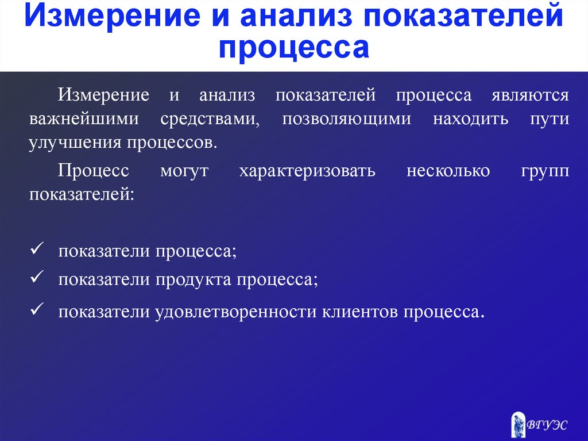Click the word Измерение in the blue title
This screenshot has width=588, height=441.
(x=112, y=15)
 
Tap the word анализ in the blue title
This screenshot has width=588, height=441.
(x=296, y=15)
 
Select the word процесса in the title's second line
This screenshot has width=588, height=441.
(x=294, y=48)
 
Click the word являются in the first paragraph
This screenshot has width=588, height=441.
(x=530, y=95)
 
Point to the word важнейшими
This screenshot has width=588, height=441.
(x=84, y=119)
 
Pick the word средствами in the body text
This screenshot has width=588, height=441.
(x=210, y=119)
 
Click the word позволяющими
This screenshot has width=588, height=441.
(x=346, y=119)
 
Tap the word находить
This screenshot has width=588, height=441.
(x=471, y=119)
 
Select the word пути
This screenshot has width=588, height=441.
(x=550, y=120)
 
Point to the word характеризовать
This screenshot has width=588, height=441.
(x=307, y=171)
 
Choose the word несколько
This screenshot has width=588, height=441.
(x=448, y=171)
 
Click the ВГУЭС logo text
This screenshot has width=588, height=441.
(x=547, y=425)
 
